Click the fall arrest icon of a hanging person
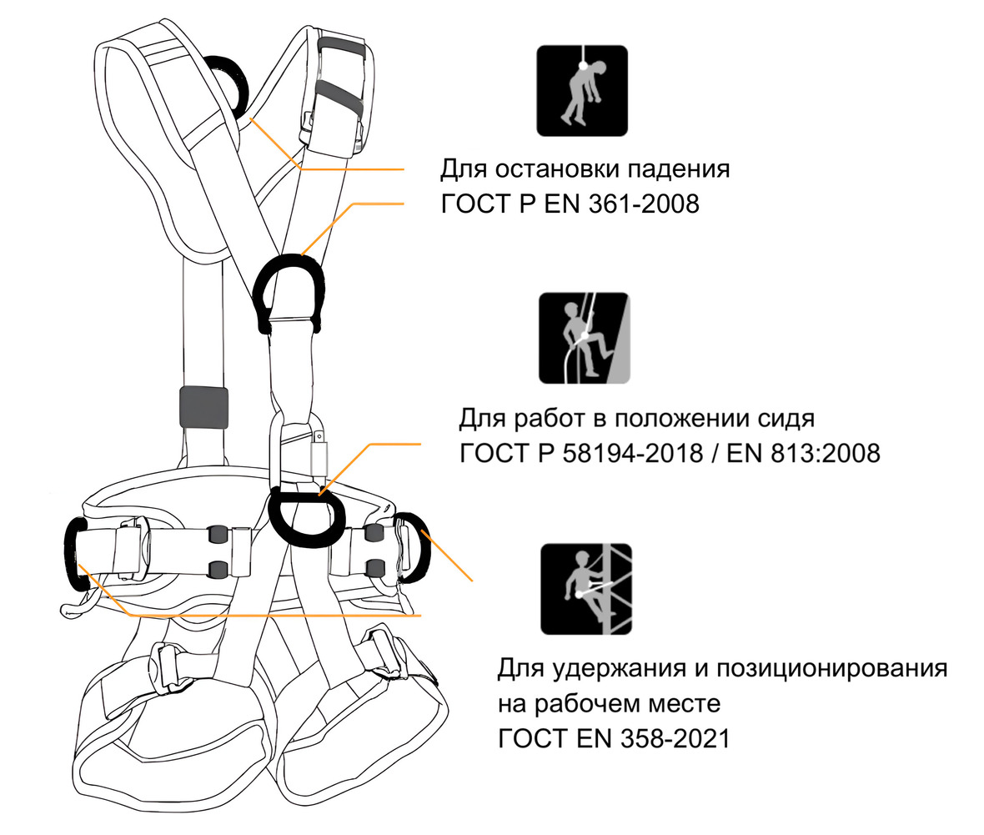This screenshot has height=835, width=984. point(581,90)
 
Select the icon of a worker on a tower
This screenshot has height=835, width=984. point(585,589)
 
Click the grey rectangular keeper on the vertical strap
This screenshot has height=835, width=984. point(203,407)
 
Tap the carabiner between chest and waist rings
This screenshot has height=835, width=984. point(299,446)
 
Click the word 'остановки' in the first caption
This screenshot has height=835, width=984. point(557,169)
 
